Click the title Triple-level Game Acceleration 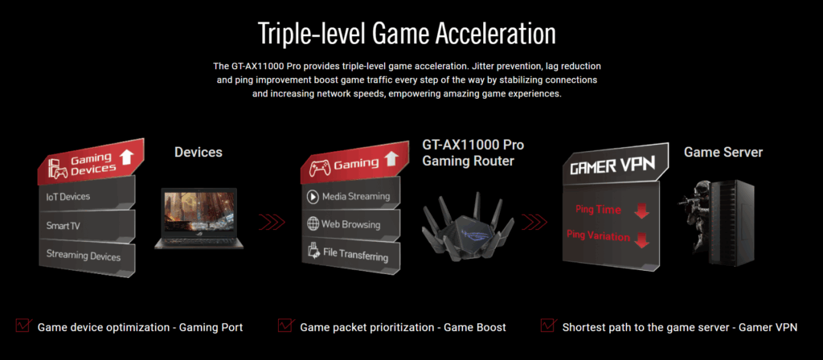(407, 35)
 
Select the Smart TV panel (87, 226)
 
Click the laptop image (199, 218)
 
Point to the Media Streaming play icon (313, 197)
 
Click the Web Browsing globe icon (313, 223)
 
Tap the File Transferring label (356, 255)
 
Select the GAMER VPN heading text (612, 166)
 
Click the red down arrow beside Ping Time (641, 211)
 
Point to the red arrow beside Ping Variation (641, 239)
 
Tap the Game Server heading (723, 152)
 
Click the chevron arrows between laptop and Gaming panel (272, 223)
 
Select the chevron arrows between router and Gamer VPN (534, 222)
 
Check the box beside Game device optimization (23, 325)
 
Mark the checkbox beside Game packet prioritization (286, 325)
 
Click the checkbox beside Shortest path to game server (548, 325)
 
